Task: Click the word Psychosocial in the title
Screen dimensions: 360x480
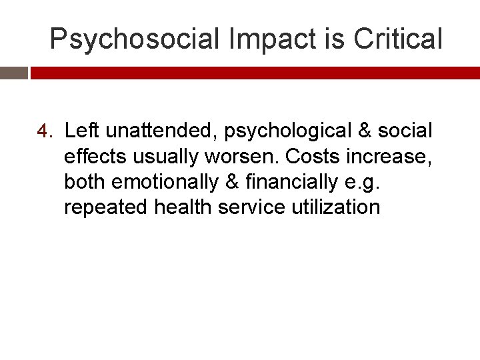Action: pos(135,39)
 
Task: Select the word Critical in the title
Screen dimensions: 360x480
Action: pos(398,39)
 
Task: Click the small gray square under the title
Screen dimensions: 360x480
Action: pos(13,73)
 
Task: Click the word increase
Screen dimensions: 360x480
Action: pos(390,156)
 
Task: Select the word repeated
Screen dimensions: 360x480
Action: pos(105,207)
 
